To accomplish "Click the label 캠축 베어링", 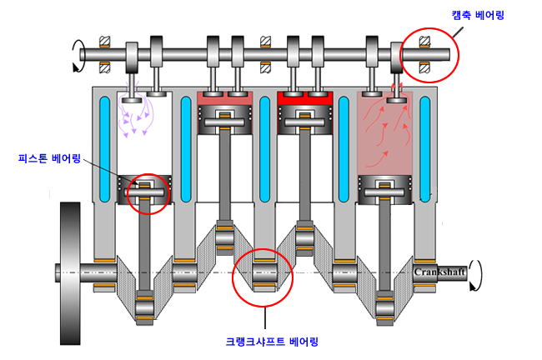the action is [478, 15].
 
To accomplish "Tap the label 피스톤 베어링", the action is [49, 158].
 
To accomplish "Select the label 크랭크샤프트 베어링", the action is [272, 342].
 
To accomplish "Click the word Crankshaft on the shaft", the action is [439, 272].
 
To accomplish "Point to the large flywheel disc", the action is [70, 273].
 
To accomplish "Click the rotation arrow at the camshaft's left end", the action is [78, 56].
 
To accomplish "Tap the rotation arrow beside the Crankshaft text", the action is [475, 275].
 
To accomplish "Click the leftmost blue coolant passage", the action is [104, 149].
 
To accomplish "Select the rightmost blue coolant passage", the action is [424, 149].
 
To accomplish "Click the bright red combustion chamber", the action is [305, 98].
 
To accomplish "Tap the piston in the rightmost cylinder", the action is [384, 190].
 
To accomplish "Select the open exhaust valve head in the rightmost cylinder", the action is [396, 100].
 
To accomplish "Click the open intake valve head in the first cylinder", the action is [132, 100].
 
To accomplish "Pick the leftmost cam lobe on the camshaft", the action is [132, 57].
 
